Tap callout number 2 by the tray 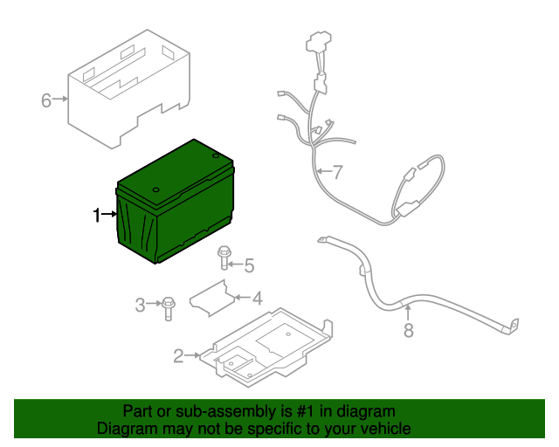(x=178, y=355)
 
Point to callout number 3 (x=140, y=305)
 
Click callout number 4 (x=257, y=299)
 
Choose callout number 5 (x=248, y=265)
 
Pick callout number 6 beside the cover (x=46, y=100)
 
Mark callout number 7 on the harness (x=338, y=170)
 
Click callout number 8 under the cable (x=407, y=330)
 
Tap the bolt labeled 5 (x=224, y=257)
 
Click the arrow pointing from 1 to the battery (x=110, y=214)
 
